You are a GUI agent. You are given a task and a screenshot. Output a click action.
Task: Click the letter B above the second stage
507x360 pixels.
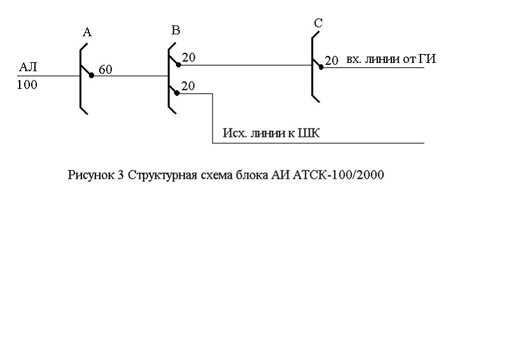coord(176,31)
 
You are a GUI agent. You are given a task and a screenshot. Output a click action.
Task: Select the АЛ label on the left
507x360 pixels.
coord(29,67)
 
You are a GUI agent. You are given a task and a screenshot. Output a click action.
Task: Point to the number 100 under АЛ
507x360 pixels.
coord(27,85)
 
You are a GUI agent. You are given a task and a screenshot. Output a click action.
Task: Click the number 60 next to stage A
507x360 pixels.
coord(105,70)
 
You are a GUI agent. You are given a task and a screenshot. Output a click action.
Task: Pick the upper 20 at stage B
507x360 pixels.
coord(188,59)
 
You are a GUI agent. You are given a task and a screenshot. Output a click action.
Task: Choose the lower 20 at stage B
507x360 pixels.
coord(188,85)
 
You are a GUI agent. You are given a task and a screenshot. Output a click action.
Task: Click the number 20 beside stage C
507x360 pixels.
coord(331,60)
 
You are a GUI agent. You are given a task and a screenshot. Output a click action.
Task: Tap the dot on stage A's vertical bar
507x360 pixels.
coord(92,75)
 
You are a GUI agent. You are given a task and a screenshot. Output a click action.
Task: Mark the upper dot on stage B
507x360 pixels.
coord(179,64)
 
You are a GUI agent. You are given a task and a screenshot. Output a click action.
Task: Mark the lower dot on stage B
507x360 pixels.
coord(179,91)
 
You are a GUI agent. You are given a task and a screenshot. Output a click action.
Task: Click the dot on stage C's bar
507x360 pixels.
coord(321,67)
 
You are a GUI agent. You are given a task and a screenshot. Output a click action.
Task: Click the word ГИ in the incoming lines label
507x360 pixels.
coord(427,59)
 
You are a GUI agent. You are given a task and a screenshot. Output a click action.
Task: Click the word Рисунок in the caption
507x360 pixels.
coord(91,176)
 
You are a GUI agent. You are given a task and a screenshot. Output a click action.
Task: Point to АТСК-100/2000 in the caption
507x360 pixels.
coord(338,176)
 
